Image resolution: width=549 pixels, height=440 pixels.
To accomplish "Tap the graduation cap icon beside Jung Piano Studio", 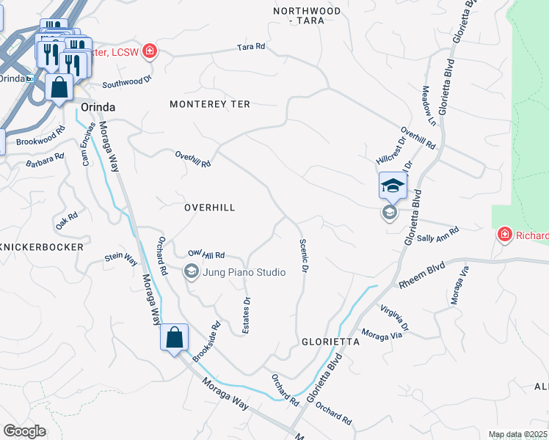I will pyautogui.click(x=191, y=272).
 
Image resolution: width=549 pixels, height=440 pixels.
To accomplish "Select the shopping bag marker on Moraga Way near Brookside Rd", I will pyautogui.click(x=175, y=338).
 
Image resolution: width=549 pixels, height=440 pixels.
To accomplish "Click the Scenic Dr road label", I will pyautogui.click(x=302, y=257).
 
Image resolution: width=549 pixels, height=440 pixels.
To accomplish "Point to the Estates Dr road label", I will pyautogui.click(x=247, y=311).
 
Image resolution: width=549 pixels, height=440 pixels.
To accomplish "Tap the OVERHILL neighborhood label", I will pyautogui.click(x=209, y=208).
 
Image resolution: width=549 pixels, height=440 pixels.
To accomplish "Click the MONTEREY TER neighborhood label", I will pyautogui.click(x=210, y=105).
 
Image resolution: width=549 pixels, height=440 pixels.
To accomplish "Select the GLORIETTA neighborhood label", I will pyautogui.click(x=330, y=342).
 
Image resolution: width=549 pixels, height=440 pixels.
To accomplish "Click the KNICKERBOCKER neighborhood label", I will pyautogui.click(x=42, y=248).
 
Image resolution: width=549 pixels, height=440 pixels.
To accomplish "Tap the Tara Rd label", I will pyautogui.click(x=250, y=47).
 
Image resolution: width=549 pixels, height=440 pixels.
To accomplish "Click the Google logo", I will pyautogui.click(x=24, y=431).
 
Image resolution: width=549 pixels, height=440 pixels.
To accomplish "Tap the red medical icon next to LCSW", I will pyautogui.click(x=150, y=51).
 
